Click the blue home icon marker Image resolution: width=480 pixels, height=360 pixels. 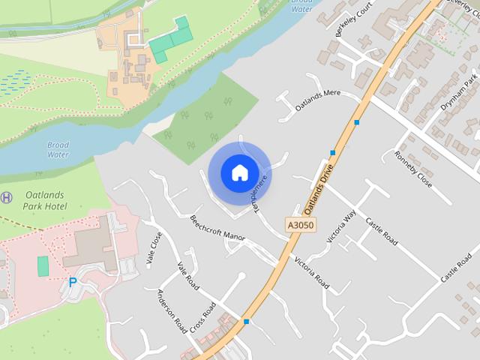(239, 172)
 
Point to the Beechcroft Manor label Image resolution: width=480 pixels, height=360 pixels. (217, 229)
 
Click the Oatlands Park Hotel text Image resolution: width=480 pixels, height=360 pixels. (44, 199)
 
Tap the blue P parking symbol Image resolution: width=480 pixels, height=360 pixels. (73, 283)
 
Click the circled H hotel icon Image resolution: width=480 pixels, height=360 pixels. (7, 197)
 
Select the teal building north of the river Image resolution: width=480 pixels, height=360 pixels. (171, 41)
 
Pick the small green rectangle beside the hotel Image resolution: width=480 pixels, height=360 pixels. (43, 265)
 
